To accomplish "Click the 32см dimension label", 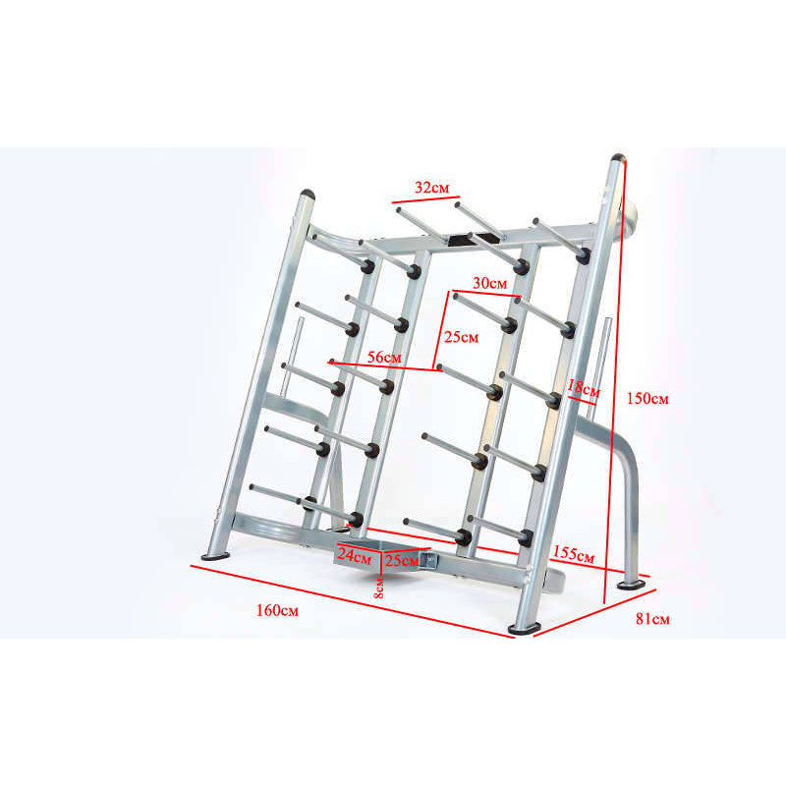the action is [x=431, y=188].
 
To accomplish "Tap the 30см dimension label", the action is [x=489, y=283].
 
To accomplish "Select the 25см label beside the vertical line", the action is [x=461, y=337].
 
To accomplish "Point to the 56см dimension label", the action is [x=384, y=358].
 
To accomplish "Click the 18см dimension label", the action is [x=583, y=389].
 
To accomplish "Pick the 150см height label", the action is [x=647, y=399].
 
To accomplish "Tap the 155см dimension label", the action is [x=574, y=554].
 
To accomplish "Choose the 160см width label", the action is [x=277, y=610].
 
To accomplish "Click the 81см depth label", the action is [x=652, y=619].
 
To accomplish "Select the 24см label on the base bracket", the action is [x=355, y=556].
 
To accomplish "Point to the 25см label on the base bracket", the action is [x=402, y=560].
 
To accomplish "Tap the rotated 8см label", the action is [x=379, y=588].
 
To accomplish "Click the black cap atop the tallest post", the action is [x=618, y=157].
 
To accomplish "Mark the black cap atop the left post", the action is [x=308, y=194].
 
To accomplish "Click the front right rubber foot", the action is [x=525, y=628].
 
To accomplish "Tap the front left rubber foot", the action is [x=215, y=555].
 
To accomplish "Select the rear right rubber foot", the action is [x=631, y=585].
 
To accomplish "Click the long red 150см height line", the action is [x=615, y=381].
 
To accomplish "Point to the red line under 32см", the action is [x=426, y=199].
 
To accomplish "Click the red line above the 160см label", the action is [x=353, y=601].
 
